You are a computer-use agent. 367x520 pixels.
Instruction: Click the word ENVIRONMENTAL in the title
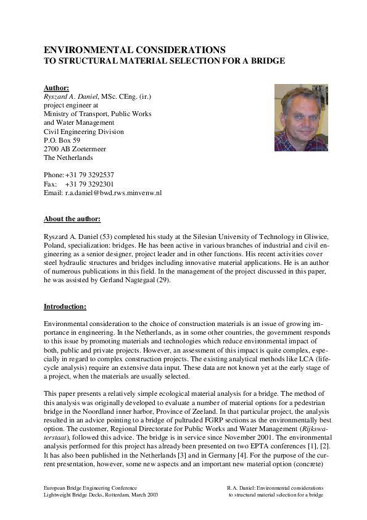(x=89, y=49)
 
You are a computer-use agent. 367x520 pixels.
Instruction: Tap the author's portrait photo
(x=301, y=117)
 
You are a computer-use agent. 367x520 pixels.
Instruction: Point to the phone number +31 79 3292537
(x=89, y=175)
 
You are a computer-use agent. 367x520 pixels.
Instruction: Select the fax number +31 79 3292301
(x=89, y=183)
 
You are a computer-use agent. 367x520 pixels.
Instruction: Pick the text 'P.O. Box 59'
(x=62, y=140)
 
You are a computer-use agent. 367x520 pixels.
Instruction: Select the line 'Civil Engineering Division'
(x=83, y=132)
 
